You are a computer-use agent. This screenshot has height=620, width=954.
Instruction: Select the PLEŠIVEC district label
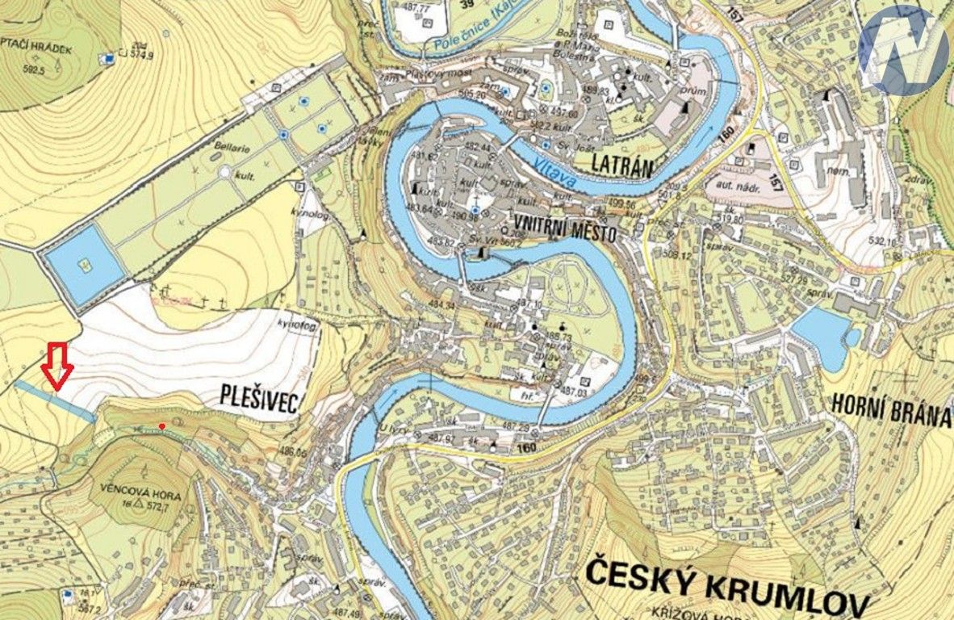pyautogui.click(x=259, y=397)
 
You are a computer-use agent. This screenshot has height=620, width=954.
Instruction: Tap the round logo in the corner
pyautogui.click(x=903, y=50)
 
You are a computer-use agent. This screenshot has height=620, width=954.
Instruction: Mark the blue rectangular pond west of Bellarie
pyautogui.click(x=84, y=265)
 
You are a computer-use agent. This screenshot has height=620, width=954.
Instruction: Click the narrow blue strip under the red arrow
pyautogui.click(x=54, y=400)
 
